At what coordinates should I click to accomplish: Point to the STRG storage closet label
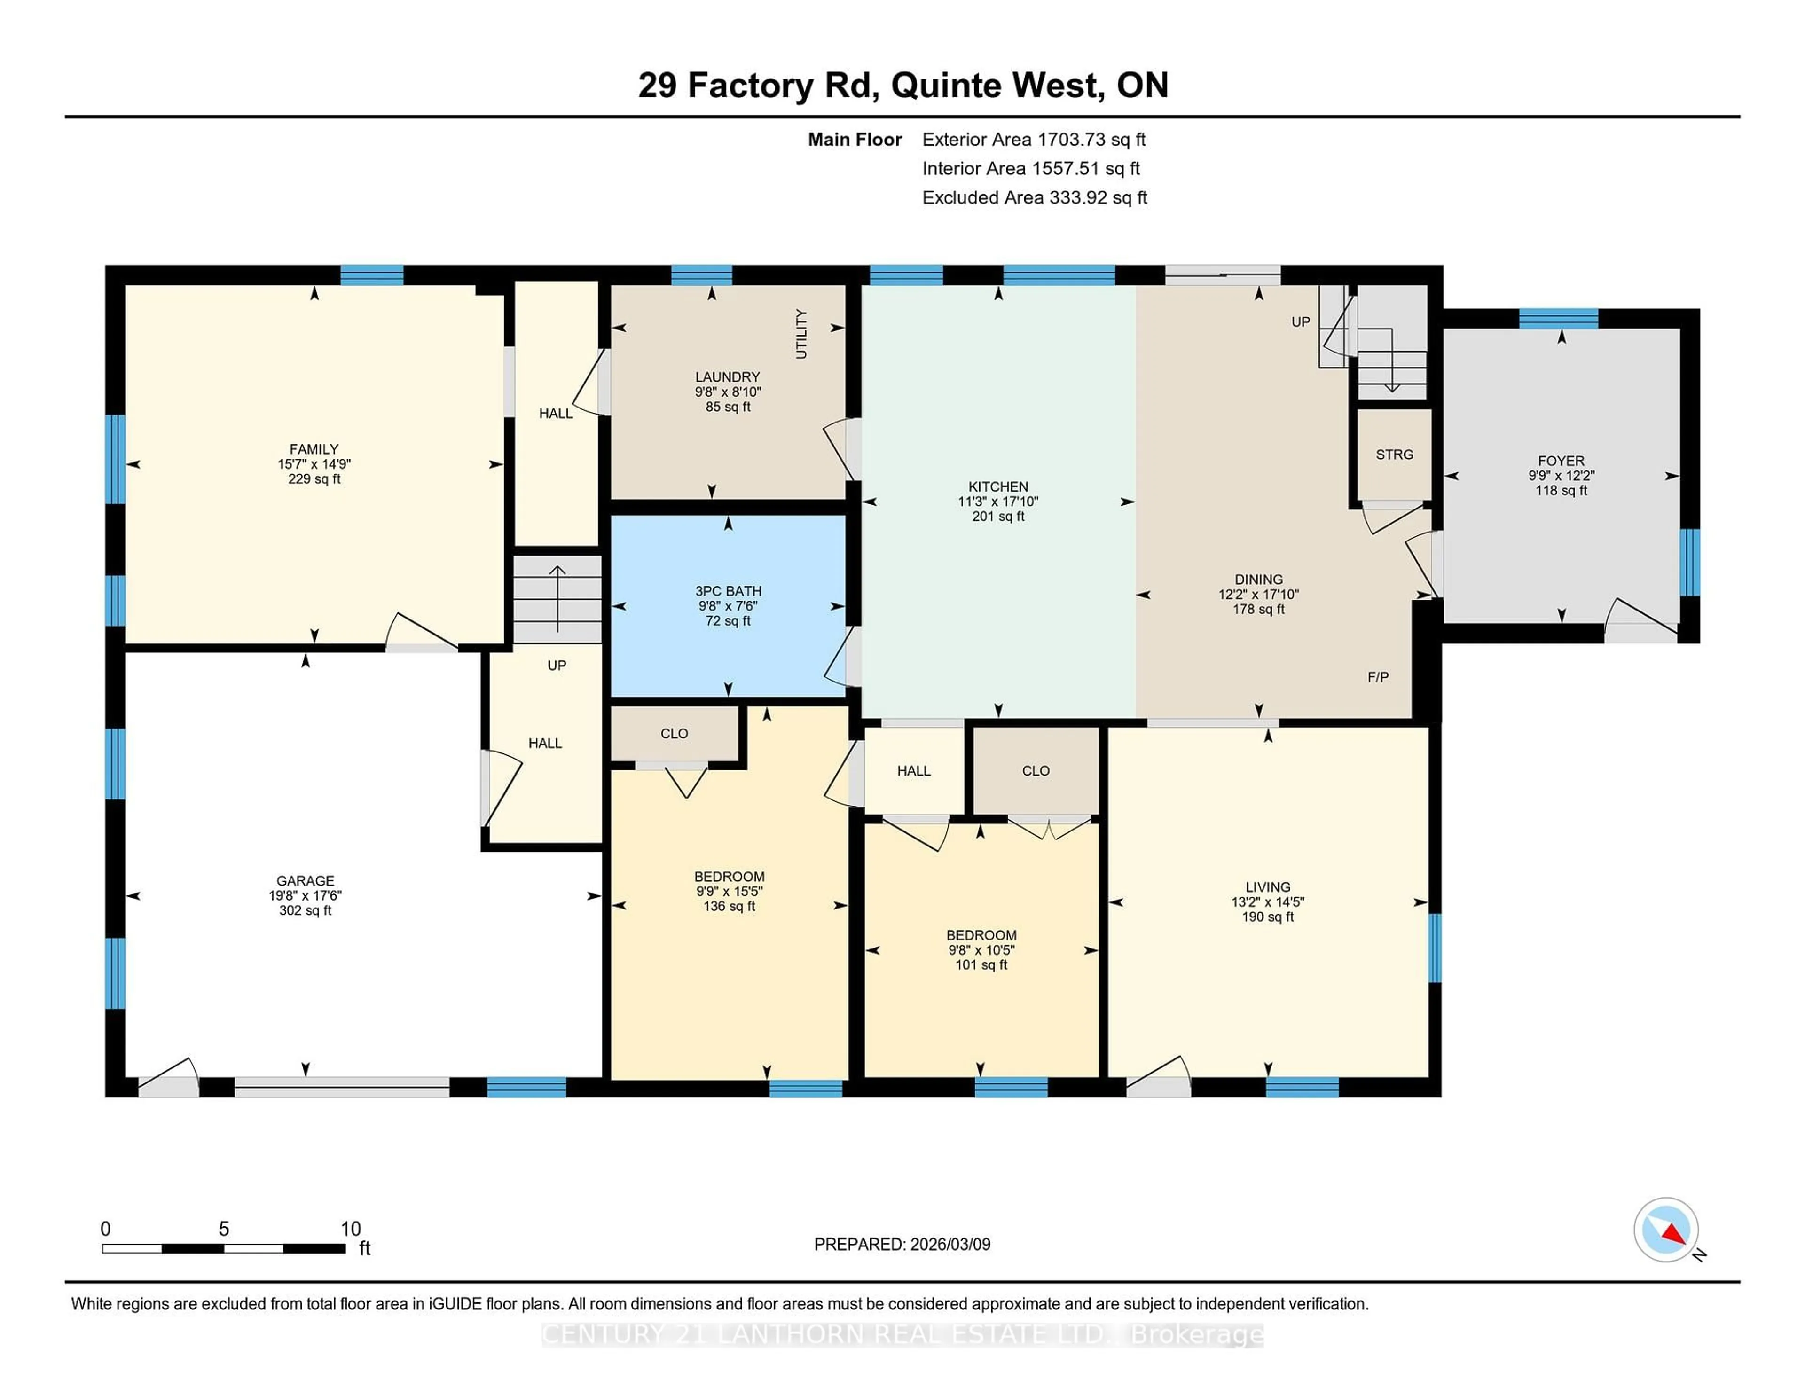tap(1394, 455)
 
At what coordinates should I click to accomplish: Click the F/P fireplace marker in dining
tap(1378, 677)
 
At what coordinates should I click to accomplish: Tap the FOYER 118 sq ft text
tap(1561, 491)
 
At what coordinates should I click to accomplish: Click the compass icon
tap(1665, 1229)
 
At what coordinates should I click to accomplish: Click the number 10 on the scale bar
tap(350, 1228)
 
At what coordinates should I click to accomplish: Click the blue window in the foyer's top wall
tap(1558, 318)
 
